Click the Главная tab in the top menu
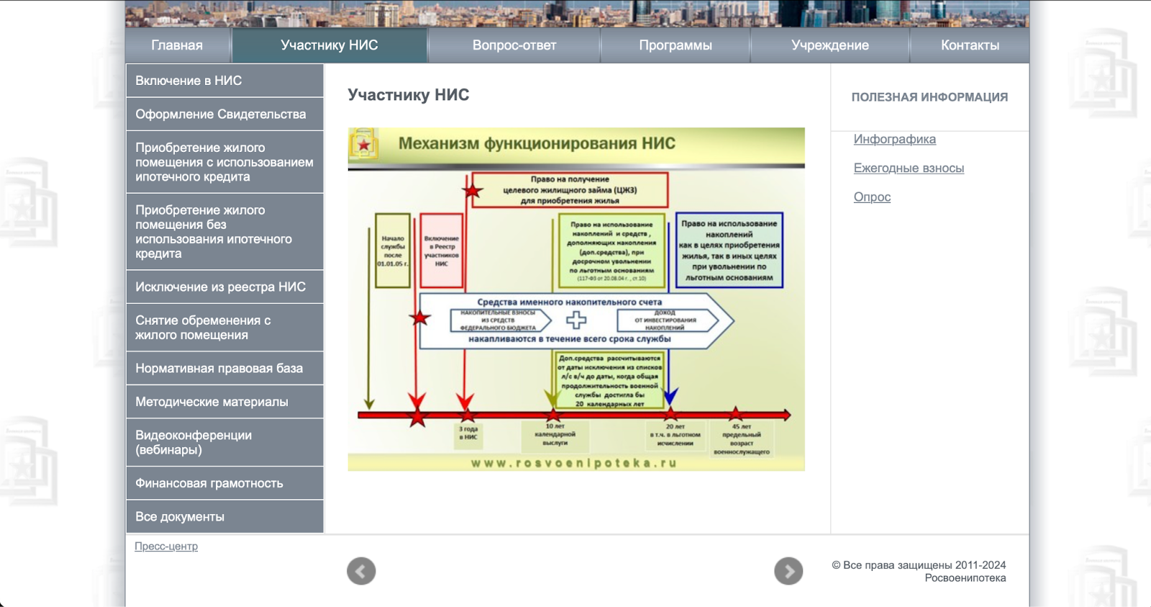(177, 45)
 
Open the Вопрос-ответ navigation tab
(514, 45)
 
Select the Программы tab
(675, 45)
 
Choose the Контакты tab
(970, 45)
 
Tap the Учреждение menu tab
(829, 45)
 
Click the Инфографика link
(894, 139)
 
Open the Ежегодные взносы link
(909, 168)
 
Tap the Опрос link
(872, 197)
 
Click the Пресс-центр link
(166, 547)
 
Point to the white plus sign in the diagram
(576, 320)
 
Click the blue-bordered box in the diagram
(729, 250)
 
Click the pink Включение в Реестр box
(441, 251)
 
